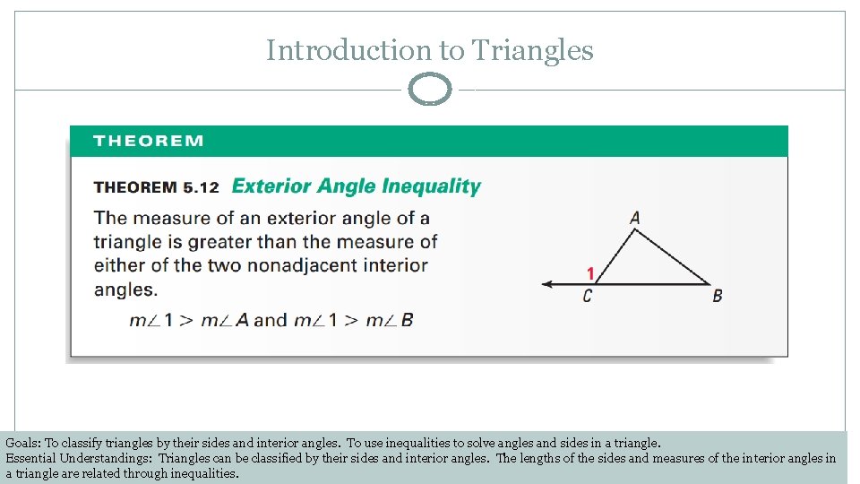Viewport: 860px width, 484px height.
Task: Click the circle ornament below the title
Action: click(x=430, y=90)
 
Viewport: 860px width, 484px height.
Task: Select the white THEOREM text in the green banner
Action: click(x=148, y=141)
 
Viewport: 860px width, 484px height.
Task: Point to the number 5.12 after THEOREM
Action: click(x=201, y=187)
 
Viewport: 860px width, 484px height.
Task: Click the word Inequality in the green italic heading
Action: click(x=431, y=186)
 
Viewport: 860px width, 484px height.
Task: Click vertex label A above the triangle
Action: click(x=635, y=218)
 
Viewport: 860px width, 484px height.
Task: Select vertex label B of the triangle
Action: click(x=717, y=296)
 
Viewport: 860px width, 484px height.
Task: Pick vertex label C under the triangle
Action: click(x=588, y=296)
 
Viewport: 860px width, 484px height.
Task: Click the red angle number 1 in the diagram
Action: click(x=590, y=272)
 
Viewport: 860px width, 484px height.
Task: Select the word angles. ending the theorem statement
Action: click(x=125, y=290)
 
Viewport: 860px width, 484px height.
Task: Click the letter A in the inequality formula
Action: click(x=242, y=320)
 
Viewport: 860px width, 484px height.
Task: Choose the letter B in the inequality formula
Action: click(x=408, y=320)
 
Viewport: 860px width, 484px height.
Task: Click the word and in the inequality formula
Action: click(x=270, y=320)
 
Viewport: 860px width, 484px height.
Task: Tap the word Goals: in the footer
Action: click(x=23, y=443)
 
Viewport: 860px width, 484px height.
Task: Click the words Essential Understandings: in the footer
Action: click(x=80, y=458)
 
